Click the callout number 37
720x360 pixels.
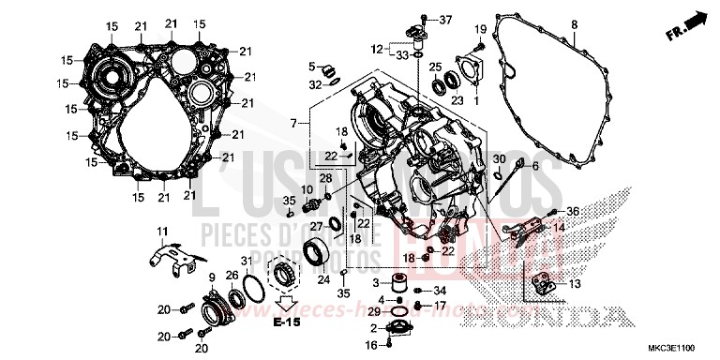pyautogui.click(x=445, y=20)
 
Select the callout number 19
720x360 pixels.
pyautogui.click(x=480, y=29)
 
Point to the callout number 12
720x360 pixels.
pyautogui.click(x=376, y=47)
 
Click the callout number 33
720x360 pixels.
pyautogui.click(x=401, y=55)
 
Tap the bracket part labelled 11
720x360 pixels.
pyautogui.click(x=174, y=258)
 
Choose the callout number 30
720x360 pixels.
pyautogui.click(x=499, y=158)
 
